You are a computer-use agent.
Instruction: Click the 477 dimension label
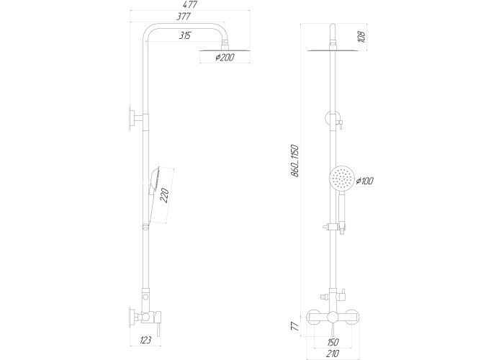190,5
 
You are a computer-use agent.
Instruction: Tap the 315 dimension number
185,35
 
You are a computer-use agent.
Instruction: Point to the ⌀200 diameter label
225,58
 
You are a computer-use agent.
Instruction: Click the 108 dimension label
361,37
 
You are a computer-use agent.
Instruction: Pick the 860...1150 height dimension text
294,161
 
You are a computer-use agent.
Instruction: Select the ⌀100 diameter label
365,181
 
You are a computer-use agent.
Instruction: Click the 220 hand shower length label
164,196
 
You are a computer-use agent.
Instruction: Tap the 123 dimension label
145,340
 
